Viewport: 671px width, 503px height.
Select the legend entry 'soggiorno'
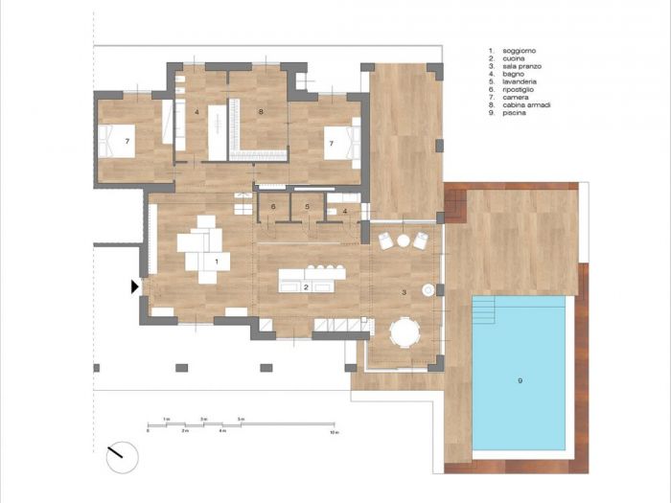tap(519, 49)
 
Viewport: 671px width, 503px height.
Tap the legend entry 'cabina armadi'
tap(523, 105)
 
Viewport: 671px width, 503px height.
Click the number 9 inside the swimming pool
tap(520, 381)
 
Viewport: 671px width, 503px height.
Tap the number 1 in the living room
tap(217, 261)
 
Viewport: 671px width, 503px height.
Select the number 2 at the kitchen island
tap(306, 286)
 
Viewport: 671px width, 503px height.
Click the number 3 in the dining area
tap(403, 291)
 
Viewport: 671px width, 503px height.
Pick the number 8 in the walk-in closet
tap(260, 112)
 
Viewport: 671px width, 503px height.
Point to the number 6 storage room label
tap(273, 206)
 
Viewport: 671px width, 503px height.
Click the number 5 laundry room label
tap(307, 206)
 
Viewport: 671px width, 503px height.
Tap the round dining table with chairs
tap(405, 334)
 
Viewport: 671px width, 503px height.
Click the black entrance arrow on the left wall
tap(136, 286)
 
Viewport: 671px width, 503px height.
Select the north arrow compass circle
tap(123, 456)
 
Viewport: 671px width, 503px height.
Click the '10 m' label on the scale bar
tap(334, 432)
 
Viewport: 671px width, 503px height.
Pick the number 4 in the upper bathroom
tap(197, 113)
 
